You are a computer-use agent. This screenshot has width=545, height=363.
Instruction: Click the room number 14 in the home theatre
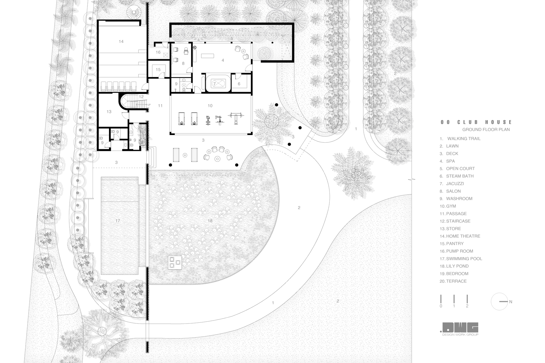(x=121, y=41)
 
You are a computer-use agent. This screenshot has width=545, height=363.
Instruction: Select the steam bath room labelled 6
(x=239, y=84)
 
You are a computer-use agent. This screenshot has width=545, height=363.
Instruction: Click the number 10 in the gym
(x=210, y=106)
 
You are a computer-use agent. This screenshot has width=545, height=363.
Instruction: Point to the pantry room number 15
(x=158, y=69)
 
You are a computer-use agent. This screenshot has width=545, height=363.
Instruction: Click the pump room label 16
(x=158, y=52)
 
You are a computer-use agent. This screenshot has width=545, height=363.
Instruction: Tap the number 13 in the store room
(x=109, y=112)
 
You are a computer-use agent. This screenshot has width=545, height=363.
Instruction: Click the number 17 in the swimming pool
(x=117, y=221)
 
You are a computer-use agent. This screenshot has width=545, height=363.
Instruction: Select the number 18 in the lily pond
(x=210, y=221)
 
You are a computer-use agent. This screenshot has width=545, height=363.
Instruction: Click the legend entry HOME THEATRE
(x=463, y=236)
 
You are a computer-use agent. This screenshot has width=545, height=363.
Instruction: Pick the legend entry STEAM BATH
(x=460, y=176)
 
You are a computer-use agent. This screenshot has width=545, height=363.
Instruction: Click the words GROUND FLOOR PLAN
(x=486, y=130)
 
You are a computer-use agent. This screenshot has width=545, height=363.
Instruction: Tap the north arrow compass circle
(x=499, y=301)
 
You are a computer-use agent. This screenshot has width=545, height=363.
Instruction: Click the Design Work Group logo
(x=460, y=329)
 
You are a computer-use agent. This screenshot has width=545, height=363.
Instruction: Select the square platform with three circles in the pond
(x=175, y=263)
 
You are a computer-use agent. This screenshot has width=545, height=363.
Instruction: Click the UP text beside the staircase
(x=149, y=105)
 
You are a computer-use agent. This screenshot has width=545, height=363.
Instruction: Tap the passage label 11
(x=160, y=106)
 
